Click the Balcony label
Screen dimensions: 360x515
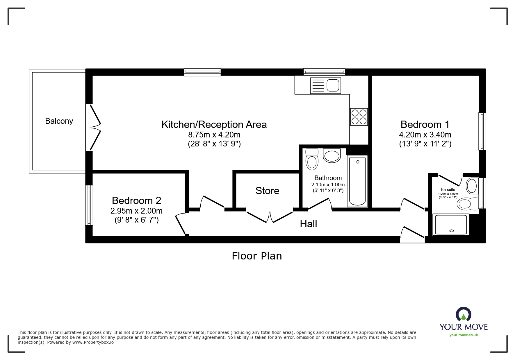pyautogui.click(x=59, y=121)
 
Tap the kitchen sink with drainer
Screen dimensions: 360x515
pyautogui.click(x=325, y=85)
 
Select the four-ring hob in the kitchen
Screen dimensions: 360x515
pyautogui.click(x=359, y=117)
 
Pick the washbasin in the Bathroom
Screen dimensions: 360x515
pyautogui.click(x=332, y=156)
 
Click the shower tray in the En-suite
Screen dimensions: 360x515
pyautogui.click(x=451, y=225)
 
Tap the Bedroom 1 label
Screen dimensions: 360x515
pyautogui.click(x=425, y=124)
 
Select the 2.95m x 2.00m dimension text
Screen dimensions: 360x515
pyautogui.click(x=136, y=211)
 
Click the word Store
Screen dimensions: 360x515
pyautogui.click(x=267, y=191)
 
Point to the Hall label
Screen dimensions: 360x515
pyautogui.click(x=308, y=224)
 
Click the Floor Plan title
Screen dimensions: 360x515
pyautogui.click(x=257, y=256)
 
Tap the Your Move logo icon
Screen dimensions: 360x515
pyautogui.click(x=463, y=315)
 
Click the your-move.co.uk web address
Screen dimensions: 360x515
pyautogui.click(x=464, y=335)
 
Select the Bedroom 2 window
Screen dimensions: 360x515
pyautogui.click(x=89, y=205)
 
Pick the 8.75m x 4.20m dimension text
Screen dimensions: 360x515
pyautogui.click(x=214, y=135)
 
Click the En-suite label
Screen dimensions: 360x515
pyautogui.click(x=448, y=189)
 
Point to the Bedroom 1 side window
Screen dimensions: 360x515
pyautogui.click(x=482, y=131)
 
